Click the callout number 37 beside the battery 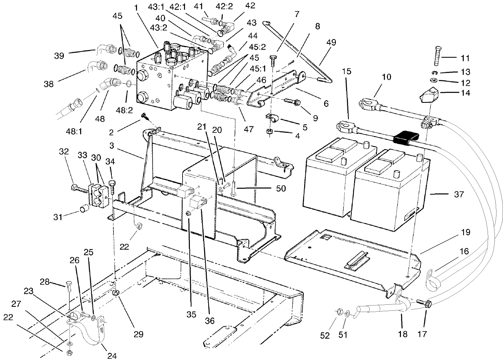point(459,195)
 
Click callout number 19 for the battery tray point(466,233)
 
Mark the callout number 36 point(210,321)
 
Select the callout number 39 point(59,56)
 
